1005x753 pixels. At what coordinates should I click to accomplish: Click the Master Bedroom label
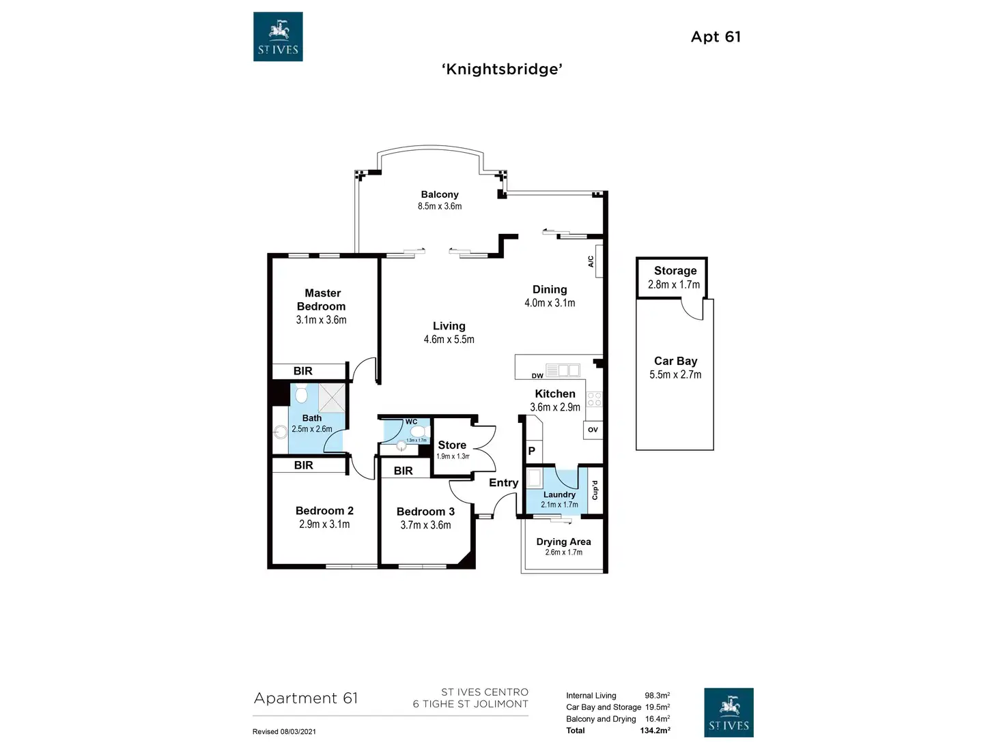[322, 299]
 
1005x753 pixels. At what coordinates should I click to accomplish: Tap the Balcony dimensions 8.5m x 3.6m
[440, 206]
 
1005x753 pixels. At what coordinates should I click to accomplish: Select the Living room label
[449, 326]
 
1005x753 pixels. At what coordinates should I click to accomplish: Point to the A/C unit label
[591, 261]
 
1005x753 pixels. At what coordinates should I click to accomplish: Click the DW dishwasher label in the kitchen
[537, 376]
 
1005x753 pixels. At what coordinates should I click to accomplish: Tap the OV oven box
[593, 430]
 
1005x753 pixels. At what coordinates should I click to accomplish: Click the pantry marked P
[532, 451]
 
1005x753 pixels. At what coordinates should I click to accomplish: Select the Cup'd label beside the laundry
[595, 490]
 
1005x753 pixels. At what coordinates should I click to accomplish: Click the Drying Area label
[563, 542]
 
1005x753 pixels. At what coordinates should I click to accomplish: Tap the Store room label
[452, 445]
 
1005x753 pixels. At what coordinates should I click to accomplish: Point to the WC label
[411, 422]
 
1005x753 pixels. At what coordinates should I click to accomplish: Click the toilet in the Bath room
[301, 395]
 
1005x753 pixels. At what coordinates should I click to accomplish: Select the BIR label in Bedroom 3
[403, 471]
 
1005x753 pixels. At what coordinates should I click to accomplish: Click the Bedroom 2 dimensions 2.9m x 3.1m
[324, 525]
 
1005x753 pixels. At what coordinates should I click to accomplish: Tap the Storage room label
[675, 271]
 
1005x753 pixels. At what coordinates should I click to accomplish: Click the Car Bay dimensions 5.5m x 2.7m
[675, 374]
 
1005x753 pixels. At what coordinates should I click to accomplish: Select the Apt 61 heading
[716, 37]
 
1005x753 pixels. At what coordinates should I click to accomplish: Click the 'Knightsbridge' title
[502, 69]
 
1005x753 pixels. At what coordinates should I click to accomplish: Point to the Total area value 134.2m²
[655, 730]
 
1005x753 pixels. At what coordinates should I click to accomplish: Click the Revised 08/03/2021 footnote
[284, 732]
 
